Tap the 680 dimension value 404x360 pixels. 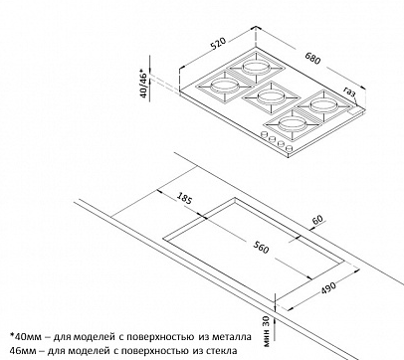(x=312, y=59)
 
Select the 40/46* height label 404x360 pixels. (x=143, y=84)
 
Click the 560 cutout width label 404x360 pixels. (x=261, y=247)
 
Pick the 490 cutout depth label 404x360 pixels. (x=328, y=287)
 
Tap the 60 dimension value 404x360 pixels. (x=317, y=219)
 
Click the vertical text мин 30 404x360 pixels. (x=269, y=331)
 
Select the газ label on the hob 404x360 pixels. (x=350, y=92)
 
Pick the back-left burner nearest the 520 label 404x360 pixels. (x=255, y=68)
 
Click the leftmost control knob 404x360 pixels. (x=265, y=135)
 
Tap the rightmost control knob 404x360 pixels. (x=290, y=149)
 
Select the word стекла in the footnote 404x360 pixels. (x=222, y=350)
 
